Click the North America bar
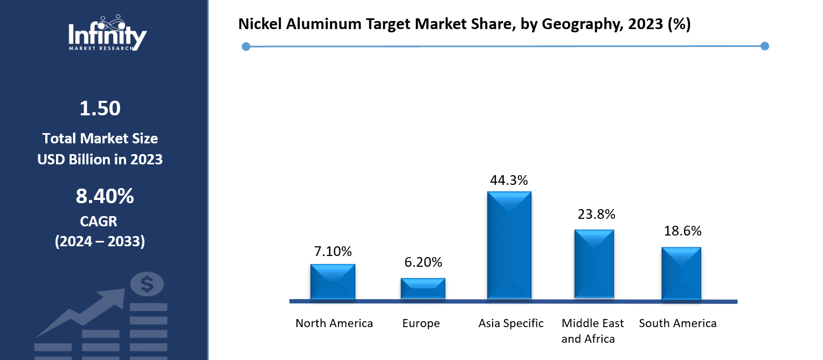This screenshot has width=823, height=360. [x=333, y=281]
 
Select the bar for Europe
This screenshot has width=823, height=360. [x=423, y=288]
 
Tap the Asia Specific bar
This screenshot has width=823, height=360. [x=509, y=245]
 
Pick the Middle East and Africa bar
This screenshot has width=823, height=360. [x=594, y=264]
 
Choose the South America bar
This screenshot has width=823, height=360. [x=681, y=273]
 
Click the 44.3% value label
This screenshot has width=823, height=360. [x=509, y=181]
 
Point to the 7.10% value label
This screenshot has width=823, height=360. [x=333, y=251]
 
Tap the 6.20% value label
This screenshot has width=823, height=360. [x=423, y=262]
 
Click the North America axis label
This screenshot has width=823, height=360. [x=334, y=323]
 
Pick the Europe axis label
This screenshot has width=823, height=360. [x=421, y=324]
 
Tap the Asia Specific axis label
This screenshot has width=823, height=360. [x=511, y=324]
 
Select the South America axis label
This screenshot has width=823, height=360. [x=677, y=324]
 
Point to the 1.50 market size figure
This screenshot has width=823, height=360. [x=100, y=109]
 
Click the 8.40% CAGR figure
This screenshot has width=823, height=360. [x=105, y=197]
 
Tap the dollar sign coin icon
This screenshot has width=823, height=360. [x=147, y=284]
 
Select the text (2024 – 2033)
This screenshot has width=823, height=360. [x=100, y=242]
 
